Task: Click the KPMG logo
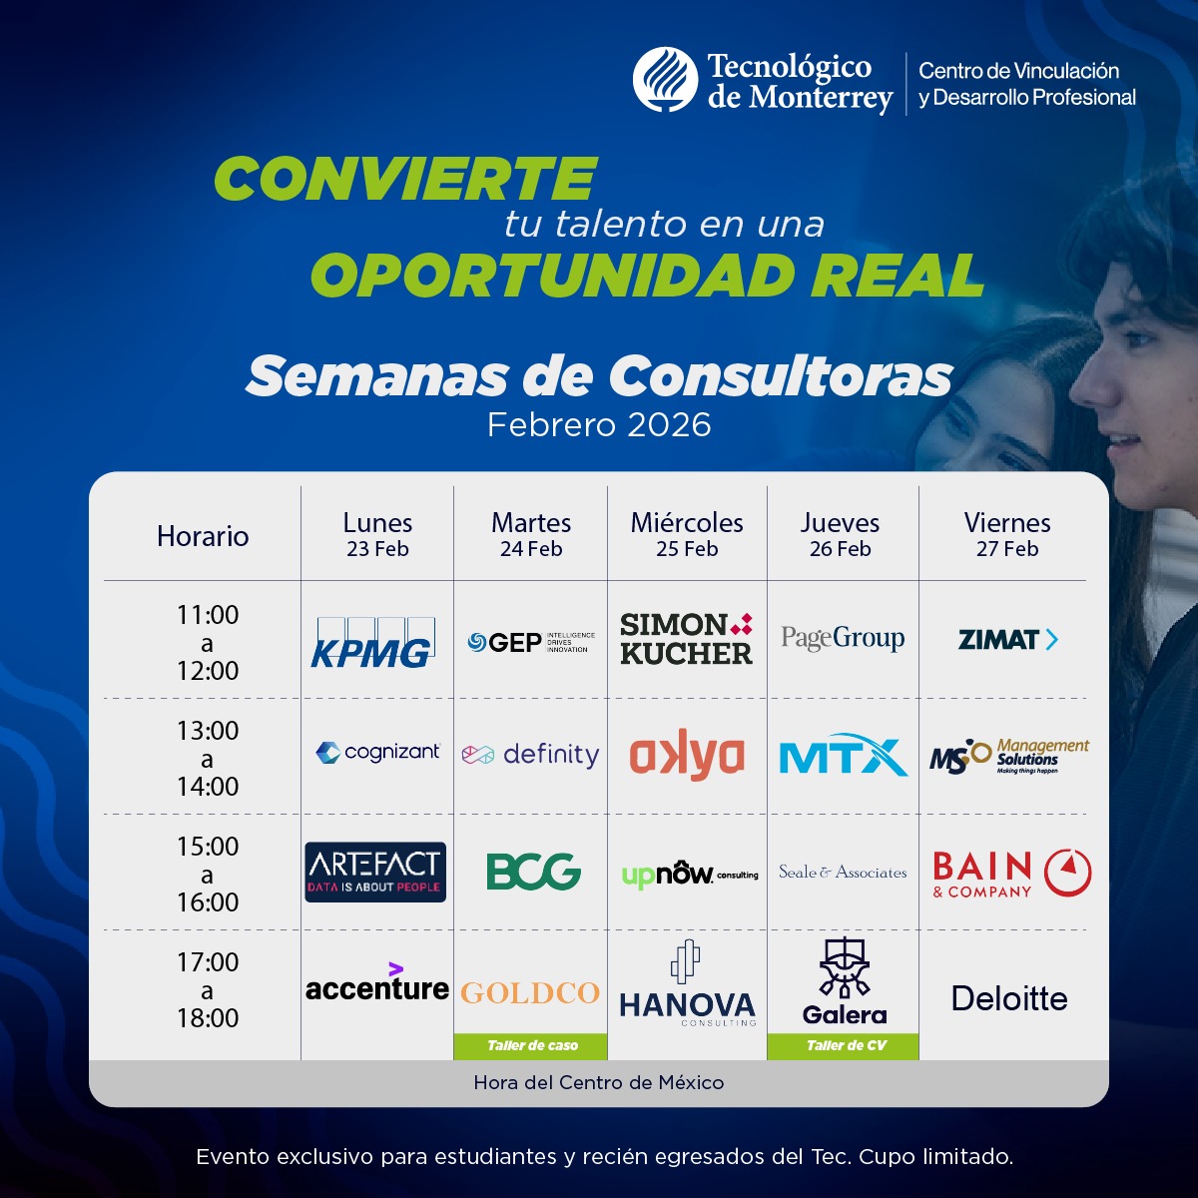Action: pyautogui.click(x=371, y=643)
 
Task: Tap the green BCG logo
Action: pyautogui.click(x=533, y=872)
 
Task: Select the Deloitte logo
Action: pyautogui.click(x=1009, y=998)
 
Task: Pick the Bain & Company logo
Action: pyautogui.click(x=1011, y=874)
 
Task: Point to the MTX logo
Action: pyautogui.click(x=843, y=757)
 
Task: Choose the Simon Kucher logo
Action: pyautogui.click(x=686, y=640)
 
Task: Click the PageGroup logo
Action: pyautogui.click(x=843, y=639)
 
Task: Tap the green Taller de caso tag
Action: pyautogui.click(x=532, y=1046)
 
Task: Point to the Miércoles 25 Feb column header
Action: pyautogui.click(x=687, y=534)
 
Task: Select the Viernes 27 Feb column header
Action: pyautogui.click(x=1007, y=534)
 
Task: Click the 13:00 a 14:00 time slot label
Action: pyautogui.click(x=208, y=758)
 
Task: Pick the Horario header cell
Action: pyautogui.click(x=203, y=536)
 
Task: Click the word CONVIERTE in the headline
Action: pyautogui.click(x=405, y=180)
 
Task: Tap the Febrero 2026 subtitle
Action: pyautogui.click(x=599, y=425)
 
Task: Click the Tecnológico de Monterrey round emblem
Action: pyautogui.click(x=665, y=80)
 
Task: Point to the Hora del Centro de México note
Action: pyautogui.click(x=599, y=1083)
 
